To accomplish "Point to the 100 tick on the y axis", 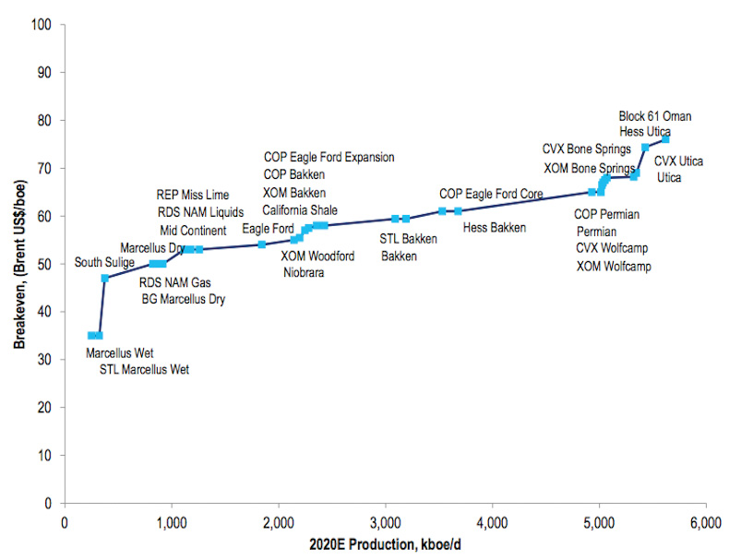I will pos(42,24).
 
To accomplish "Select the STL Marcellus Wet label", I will pos(144,370).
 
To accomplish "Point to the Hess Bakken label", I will pos(494,227).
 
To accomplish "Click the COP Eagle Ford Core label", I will pos(491,194).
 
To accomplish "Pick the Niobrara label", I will pos(304,272).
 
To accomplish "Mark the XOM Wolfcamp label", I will pos(614,267).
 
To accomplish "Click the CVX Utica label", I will pos(678,161).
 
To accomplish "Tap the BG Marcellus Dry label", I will pos(183,299).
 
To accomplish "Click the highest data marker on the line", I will pos(665,138).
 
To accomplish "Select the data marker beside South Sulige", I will pos(105,278).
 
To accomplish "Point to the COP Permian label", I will pos(606,214).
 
